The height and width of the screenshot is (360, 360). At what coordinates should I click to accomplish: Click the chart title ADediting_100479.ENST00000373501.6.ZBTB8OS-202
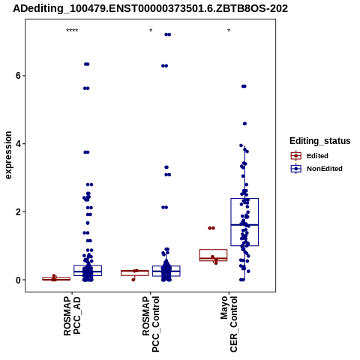coord(150,8)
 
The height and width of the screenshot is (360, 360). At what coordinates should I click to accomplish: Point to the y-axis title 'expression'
coord(8,155)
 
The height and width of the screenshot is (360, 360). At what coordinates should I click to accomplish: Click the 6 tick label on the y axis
coord(18,76)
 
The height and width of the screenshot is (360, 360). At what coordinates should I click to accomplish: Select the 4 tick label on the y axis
coord(18,144)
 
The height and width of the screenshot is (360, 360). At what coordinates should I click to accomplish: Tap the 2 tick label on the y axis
coord(18,212)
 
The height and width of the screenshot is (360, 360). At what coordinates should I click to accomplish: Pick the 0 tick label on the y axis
coord(18,280)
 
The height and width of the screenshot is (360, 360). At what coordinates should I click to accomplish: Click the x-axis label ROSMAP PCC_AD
coord(72,316)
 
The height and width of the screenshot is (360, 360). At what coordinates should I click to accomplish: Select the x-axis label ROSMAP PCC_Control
coord(151,324)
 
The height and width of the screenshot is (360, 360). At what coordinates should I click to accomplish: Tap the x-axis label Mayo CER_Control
coord(229,324)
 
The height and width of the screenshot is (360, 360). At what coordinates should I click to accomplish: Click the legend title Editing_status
coord(320,141)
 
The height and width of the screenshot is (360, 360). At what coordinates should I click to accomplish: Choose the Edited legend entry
coord(310,156)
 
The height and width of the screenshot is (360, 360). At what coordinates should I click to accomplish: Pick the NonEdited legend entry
coord(316,169)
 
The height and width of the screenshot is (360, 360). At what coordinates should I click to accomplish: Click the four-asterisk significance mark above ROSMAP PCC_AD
coord(72,31)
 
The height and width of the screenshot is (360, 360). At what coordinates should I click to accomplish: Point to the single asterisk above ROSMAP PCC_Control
coord(151,31)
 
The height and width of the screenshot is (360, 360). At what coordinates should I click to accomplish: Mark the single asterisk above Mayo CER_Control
coord(229,31)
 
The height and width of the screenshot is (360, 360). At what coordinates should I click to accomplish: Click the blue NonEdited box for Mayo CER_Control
coord(244,199)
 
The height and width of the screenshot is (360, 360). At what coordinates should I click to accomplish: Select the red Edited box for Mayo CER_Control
coord(213,250)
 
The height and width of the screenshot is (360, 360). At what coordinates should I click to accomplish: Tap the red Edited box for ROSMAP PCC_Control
coord(135,271)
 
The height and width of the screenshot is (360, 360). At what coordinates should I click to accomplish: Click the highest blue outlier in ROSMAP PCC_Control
coord(168,34)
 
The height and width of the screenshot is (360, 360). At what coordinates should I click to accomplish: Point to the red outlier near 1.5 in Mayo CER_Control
coord(211,228)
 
